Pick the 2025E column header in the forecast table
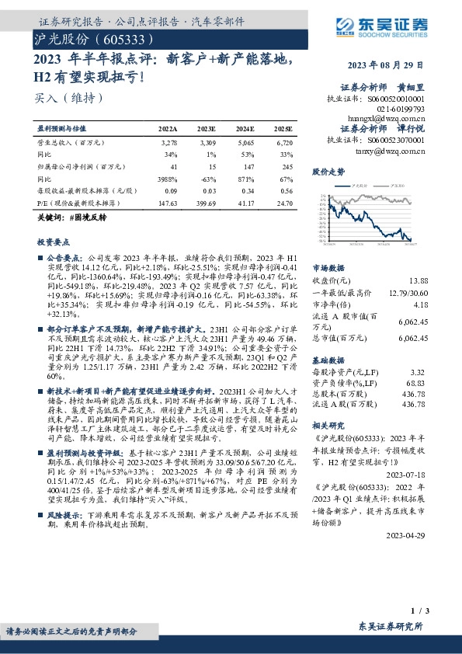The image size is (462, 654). click(x=283, y=128)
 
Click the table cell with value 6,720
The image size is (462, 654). click(x=284, y=144)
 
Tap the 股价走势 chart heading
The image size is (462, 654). click(x=327, y=171)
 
